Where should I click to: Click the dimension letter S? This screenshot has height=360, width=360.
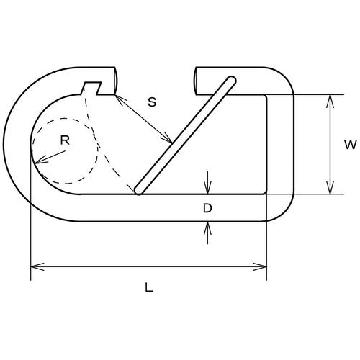click(x=151, y=102)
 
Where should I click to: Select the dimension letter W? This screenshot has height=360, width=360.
click(x=349, y=145)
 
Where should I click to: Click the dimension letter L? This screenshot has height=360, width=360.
click(x=149, y=287)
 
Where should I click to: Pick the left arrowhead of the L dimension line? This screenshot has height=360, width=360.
click(x=35, y=267)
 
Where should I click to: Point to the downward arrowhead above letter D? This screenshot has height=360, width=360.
click(x=208, y=189)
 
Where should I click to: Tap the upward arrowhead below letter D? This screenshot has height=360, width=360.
click(x=208, y=226)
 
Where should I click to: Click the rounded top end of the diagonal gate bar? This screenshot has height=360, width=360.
click(x=230, y=79)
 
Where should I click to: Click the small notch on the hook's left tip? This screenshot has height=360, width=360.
click(x=91, y=89)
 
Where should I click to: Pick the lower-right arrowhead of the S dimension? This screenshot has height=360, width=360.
click(x=169, y=140)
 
